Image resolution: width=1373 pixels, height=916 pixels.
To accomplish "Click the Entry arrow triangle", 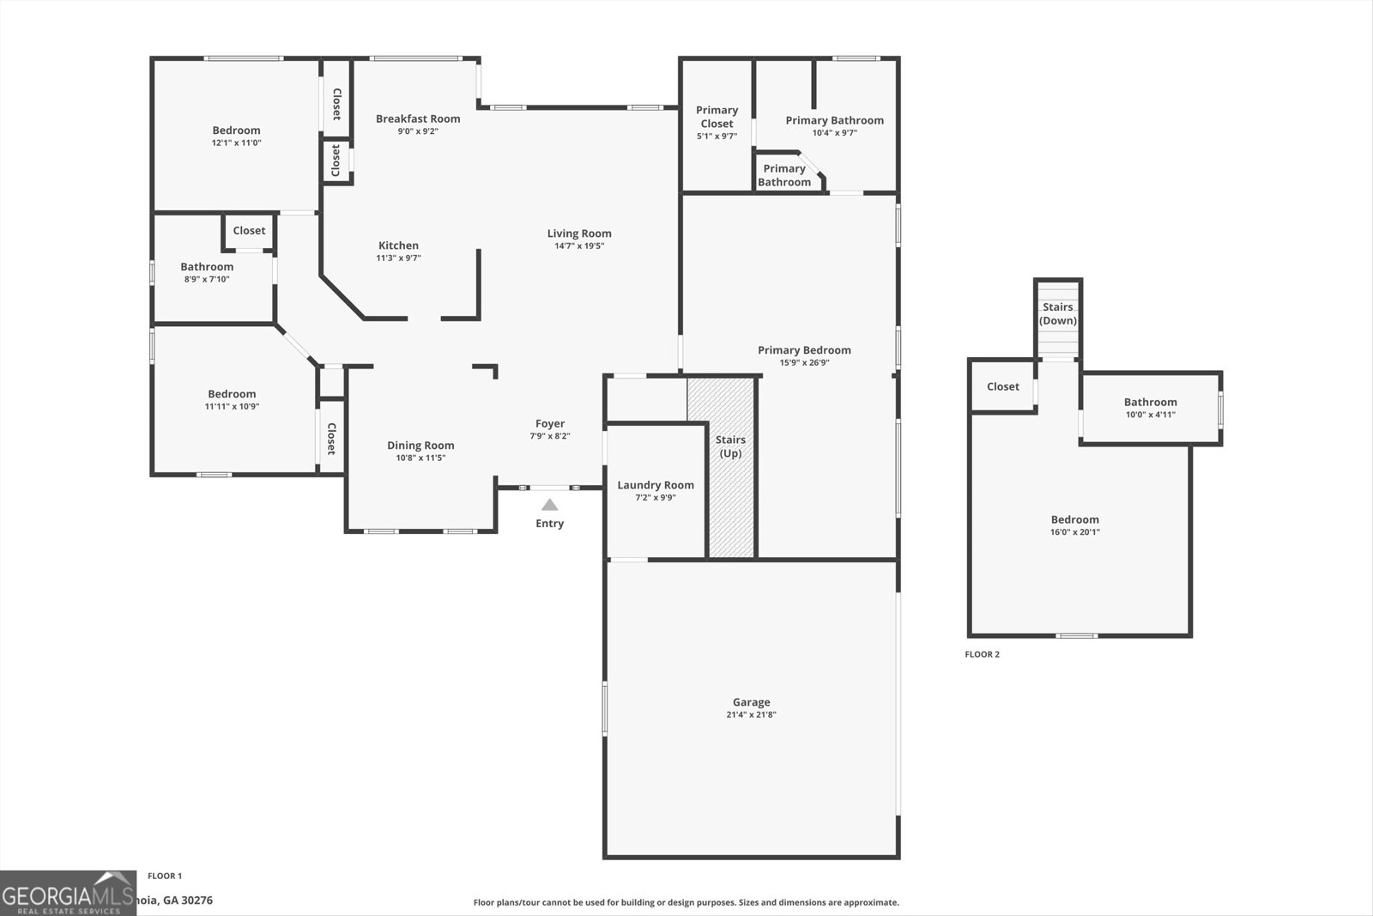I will click(549, 505).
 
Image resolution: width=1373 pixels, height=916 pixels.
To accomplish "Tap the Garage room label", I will click(751, 702).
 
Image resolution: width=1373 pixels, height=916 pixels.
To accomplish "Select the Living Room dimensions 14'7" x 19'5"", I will click(579, 246).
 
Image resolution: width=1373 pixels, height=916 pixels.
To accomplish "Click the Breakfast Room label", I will click(418, 118).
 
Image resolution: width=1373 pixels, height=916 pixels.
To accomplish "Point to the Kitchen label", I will click(398, 246).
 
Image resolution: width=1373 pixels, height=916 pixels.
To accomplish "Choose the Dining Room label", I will click(420, 445).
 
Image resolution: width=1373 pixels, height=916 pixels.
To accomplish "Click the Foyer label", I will click(550, 423).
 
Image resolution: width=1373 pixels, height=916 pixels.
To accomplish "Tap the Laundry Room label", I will click(656, 485).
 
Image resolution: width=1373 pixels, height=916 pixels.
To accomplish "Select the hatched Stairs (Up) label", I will click(730, 446).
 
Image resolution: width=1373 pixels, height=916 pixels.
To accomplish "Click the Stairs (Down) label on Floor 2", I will click(1057, 313).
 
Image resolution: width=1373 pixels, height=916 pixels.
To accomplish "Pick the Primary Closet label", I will click(717, 117).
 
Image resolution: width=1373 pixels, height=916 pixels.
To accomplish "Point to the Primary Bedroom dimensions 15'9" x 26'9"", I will click(804, 363).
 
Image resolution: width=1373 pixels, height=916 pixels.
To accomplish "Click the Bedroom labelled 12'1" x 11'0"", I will click(236, 130).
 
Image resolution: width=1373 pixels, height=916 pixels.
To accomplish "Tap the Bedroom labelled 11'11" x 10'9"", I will click(232, 394).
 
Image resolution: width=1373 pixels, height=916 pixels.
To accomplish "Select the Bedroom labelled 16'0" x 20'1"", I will click(1074, 519).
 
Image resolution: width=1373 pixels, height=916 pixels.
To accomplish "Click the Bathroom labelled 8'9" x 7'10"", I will click(207, 267).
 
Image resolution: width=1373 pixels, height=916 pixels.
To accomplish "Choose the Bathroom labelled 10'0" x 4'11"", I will click(1150, 402).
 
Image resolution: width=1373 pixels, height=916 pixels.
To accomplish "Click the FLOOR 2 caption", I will click(982, 654).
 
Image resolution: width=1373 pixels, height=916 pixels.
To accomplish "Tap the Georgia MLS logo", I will click(68, 894).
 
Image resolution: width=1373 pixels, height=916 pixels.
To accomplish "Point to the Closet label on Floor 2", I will click(1002, 386).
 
